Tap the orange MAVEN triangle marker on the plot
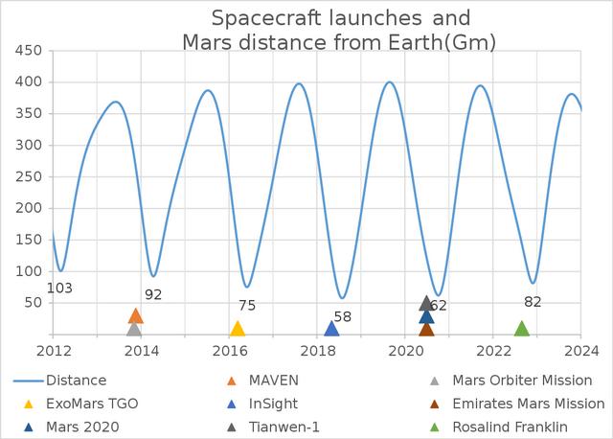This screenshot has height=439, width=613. (135, 316)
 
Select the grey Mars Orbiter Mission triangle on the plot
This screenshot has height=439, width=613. (134, 330)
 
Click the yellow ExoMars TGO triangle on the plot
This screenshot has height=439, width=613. (238, 329)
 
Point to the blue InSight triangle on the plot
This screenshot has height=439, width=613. (331, 329)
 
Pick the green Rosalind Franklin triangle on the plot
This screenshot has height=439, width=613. (522, 329)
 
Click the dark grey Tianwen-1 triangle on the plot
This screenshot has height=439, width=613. (426, 304)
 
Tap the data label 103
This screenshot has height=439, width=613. (59, 288)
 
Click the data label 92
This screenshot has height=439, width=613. (154, 294)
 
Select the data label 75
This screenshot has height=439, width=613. (247, 305)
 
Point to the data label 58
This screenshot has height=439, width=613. (343, 316)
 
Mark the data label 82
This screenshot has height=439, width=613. (534, 301)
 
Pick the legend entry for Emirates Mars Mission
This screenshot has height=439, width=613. (541, 404)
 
